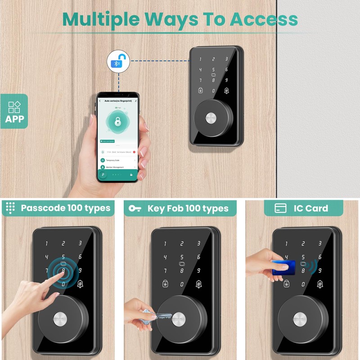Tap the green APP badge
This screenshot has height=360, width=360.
click(x=14, y=111)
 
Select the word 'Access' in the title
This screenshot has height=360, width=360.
click(x=264, y=19)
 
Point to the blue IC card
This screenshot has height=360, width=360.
click(x=284, y=267)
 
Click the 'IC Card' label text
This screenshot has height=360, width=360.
click(x=310, y=208)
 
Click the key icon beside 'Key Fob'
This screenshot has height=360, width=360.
click(x=135, y=208)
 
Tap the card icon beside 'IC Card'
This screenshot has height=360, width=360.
click(x=281, y=208)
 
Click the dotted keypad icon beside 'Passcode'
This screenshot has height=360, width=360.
click(x=10, y=208)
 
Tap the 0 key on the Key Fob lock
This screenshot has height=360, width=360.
click(x=182, y=284)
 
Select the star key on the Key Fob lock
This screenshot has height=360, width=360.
click(x=165, y=284)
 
